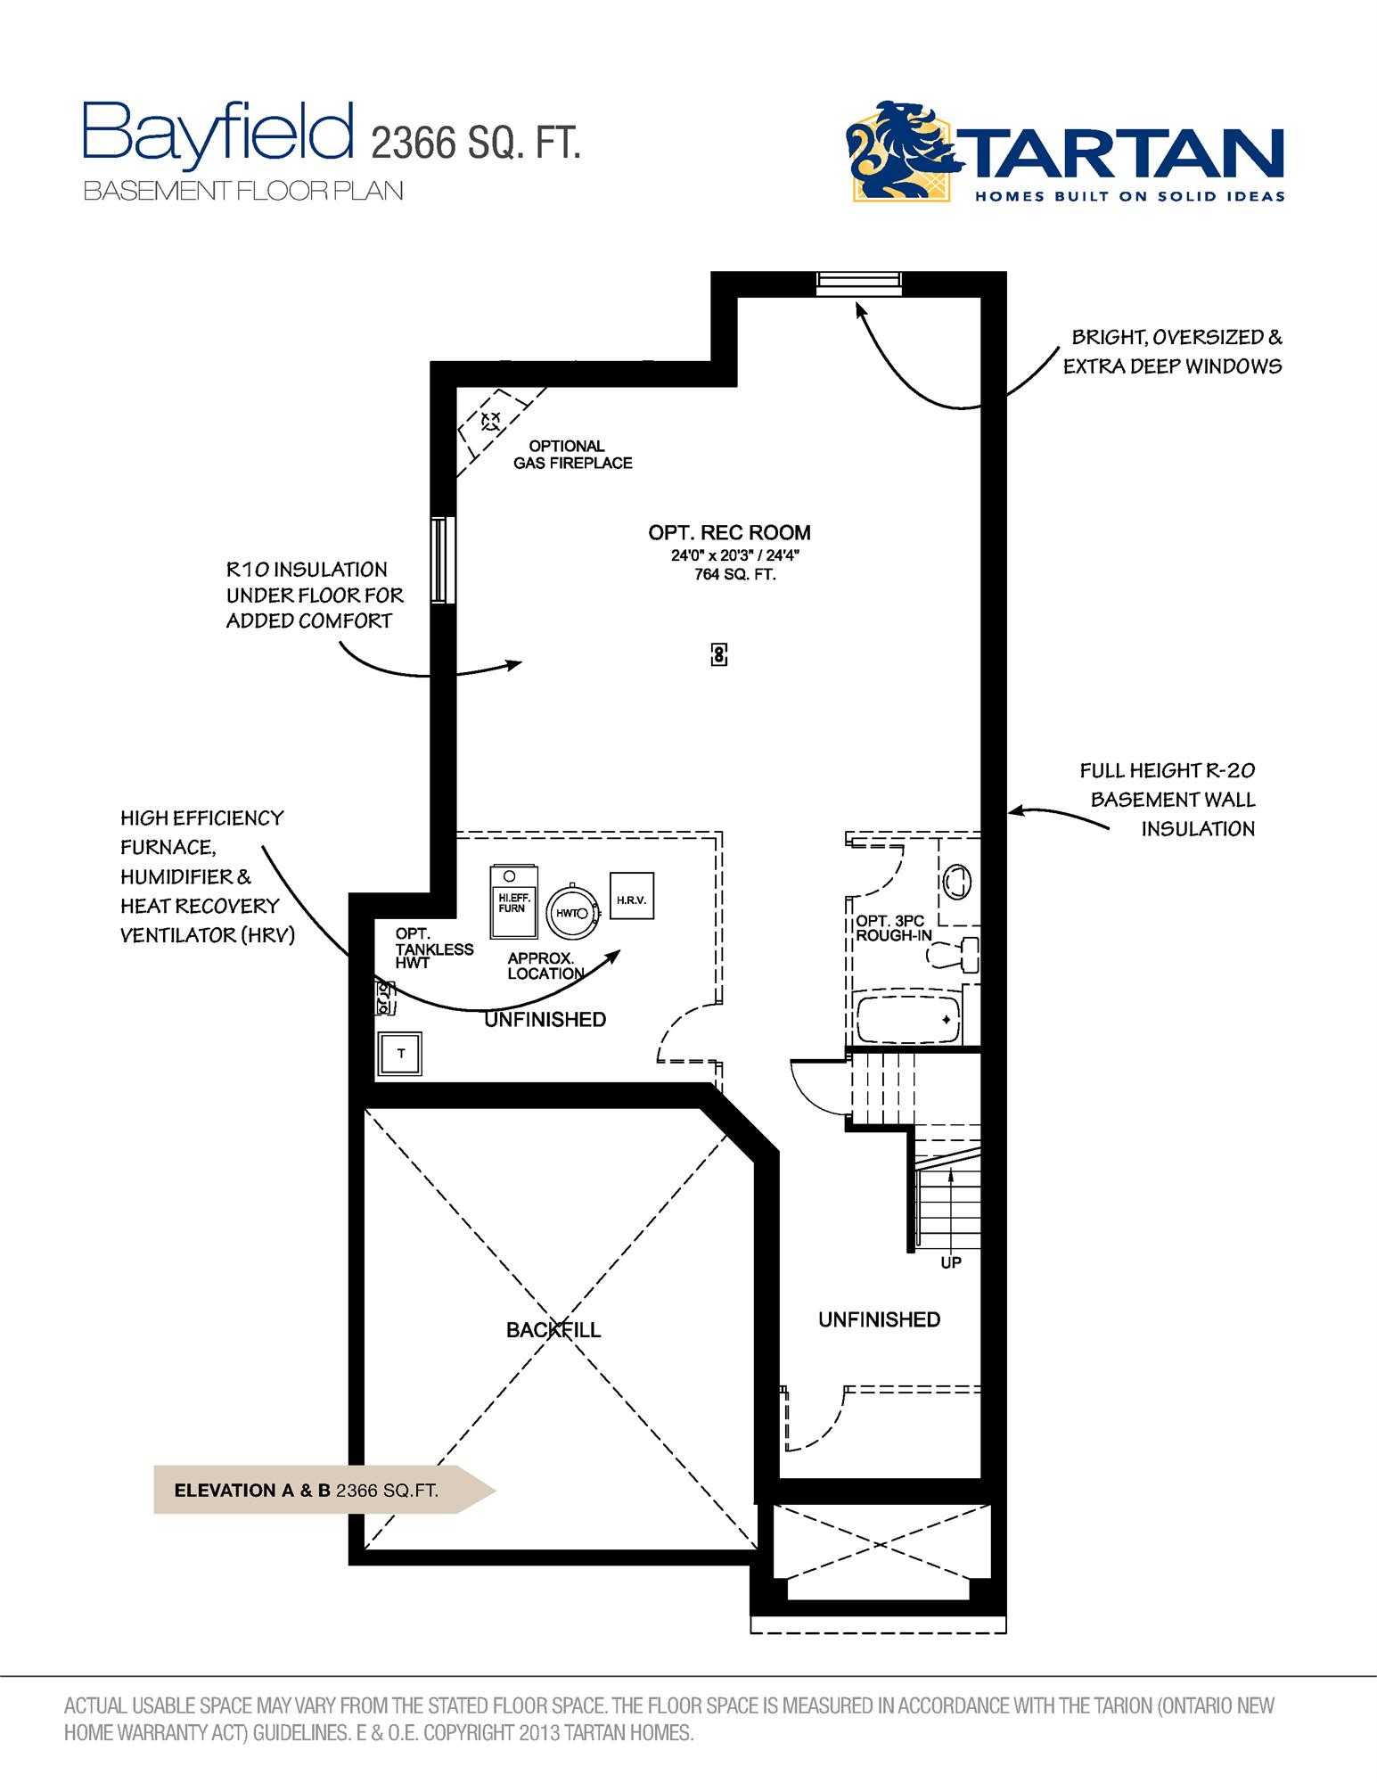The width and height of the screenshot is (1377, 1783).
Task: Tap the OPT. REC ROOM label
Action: point(729,533)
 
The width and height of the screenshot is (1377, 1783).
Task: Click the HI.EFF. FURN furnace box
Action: point(513,901)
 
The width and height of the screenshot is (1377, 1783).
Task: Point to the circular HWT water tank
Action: point(570,912)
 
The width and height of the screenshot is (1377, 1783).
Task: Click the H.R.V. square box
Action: point(631,900)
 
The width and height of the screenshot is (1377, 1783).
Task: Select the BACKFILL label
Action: point(553,1330)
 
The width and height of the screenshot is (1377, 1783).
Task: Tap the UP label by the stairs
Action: point(951,1262)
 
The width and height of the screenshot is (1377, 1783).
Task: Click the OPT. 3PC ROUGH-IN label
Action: point(894,928)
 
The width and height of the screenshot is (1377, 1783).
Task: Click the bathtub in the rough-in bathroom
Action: point(908,1020)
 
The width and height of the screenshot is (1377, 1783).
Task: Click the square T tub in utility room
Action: point(400,1054)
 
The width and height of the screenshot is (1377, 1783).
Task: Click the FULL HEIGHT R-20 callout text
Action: point(1167,799)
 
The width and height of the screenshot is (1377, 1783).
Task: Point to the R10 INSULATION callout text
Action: point(314,595)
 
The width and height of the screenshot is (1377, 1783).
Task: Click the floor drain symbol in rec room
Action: point(719,654)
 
